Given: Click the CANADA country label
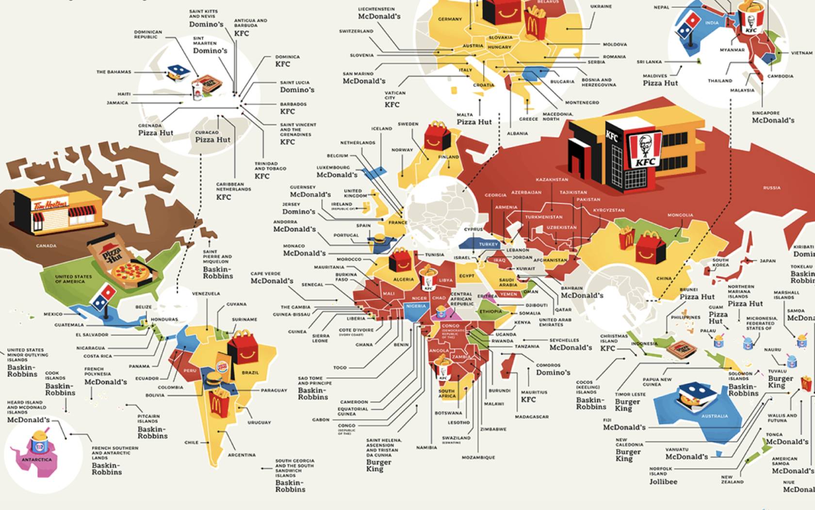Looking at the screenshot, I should point(46,246).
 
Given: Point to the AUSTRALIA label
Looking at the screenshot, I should point(714,416).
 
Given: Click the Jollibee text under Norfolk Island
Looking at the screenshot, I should point(663,482).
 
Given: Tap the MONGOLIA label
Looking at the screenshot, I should point(680,215).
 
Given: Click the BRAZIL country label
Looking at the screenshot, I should point(250,373).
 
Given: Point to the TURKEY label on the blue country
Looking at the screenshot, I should point(488,244).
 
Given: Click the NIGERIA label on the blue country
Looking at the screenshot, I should point(416,306).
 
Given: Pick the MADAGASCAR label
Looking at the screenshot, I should point(532,417).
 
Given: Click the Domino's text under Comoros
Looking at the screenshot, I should point(553,373).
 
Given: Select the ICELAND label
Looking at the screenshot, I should point(381,129).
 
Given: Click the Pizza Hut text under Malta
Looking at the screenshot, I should point(474,122).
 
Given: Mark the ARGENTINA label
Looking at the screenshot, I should point(242,455).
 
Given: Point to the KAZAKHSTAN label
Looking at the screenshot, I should point(552,180).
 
